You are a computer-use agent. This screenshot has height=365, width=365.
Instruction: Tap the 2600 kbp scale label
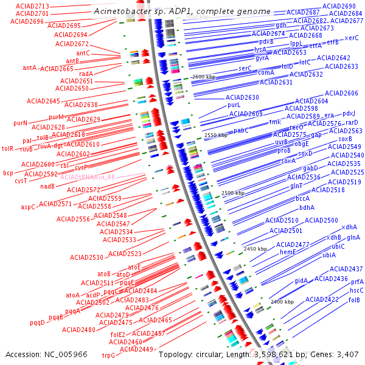coord(204,77)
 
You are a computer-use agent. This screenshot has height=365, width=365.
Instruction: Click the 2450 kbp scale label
coord(255,249)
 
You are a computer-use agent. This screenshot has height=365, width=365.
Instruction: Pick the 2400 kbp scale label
coord(282,301)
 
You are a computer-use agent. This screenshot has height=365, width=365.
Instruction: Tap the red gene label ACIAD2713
coord(32,5)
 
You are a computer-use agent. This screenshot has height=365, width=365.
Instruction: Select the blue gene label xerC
coord(352,38)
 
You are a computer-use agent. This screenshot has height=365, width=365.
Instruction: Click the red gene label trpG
coord(108,355)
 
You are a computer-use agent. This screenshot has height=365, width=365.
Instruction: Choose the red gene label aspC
coord(29,207)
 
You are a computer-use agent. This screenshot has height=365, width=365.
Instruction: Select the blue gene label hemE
coord(287,252)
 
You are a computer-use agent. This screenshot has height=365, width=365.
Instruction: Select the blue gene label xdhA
coord(349,227)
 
